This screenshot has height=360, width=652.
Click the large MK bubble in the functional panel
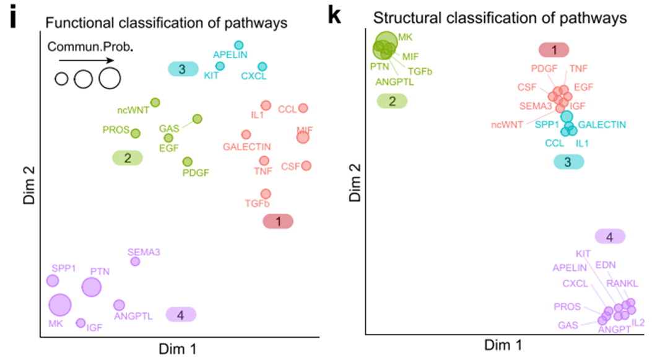point(60,305)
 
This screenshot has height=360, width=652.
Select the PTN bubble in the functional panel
point(91,287)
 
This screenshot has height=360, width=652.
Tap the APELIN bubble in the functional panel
point(239,45)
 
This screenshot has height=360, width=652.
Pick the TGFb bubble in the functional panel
point(266,194)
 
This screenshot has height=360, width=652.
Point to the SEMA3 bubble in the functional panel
point(135,261)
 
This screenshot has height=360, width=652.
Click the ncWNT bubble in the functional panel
point(155,102)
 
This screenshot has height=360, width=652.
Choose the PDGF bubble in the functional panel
point(188,162)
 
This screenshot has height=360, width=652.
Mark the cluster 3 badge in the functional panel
point(182,69)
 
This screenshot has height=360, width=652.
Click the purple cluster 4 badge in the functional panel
point(180,315)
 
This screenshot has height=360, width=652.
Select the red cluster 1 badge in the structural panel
point(554,50)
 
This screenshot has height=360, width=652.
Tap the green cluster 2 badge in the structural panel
point(391,101)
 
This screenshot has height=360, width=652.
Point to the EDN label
point(604,265)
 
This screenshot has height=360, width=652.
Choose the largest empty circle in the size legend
point(109,78)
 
